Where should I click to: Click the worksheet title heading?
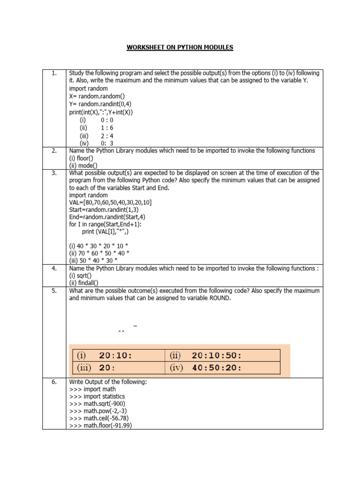pyautogui.click(x=180, y=48)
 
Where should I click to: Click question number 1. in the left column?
pyautogui.click(x=54, y=73)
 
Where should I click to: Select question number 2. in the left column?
pyautogui.click(x=54, y=150)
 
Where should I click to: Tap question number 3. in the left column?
pyautogui.click(x=54, y=173)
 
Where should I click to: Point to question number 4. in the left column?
pyautogui.click(x=54, y=268)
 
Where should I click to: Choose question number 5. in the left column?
pyautogui.click(x=54, y=291)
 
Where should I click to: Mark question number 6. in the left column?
pyautogui.click(x=54, y=382)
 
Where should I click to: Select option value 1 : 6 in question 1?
pyautogui.click(x=107, y=127)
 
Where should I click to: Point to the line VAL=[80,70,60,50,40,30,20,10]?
pyautogui.click(x=110, y=202)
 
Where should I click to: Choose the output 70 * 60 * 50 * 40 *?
pyautogui.click(x=99, y=253)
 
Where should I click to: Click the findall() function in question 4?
pyautogui.click(x=85, y=283)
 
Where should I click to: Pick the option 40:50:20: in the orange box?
pyautogui.click(x=217, y=368)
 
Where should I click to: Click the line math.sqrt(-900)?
pyautogui.click(x=97, y=404)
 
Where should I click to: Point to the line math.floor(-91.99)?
pyautogui.click(x=100, y=426)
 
